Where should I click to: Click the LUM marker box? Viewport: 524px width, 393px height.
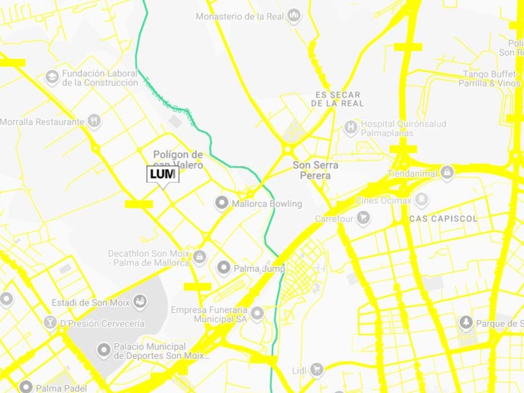162,174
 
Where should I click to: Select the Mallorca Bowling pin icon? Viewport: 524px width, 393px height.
222,203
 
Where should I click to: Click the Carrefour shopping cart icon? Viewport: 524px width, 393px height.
362,218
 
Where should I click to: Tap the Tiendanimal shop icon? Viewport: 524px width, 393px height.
447,173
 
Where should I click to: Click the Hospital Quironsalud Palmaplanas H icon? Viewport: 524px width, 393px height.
351,126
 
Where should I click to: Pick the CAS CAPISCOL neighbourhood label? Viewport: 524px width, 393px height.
443,218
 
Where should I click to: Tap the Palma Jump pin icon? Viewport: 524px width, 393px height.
224,267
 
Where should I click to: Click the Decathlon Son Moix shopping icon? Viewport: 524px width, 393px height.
200,257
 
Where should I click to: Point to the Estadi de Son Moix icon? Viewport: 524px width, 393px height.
139,302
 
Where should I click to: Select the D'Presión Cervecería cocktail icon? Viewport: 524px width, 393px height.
50,323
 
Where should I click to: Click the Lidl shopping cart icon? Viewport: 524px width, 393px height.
317,370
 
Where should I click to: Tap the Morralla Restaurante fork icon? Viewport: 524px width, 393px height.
94,121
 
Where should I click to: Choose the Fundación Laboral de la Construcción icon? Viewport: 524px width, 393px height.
52,78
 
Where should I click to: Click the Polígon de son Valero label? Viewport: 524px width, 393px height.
178,160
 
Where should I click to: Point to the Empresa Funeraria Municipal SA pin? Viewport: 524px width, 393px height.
257,314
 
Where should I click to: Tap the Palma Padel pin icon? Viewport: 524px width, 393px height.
26,388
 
